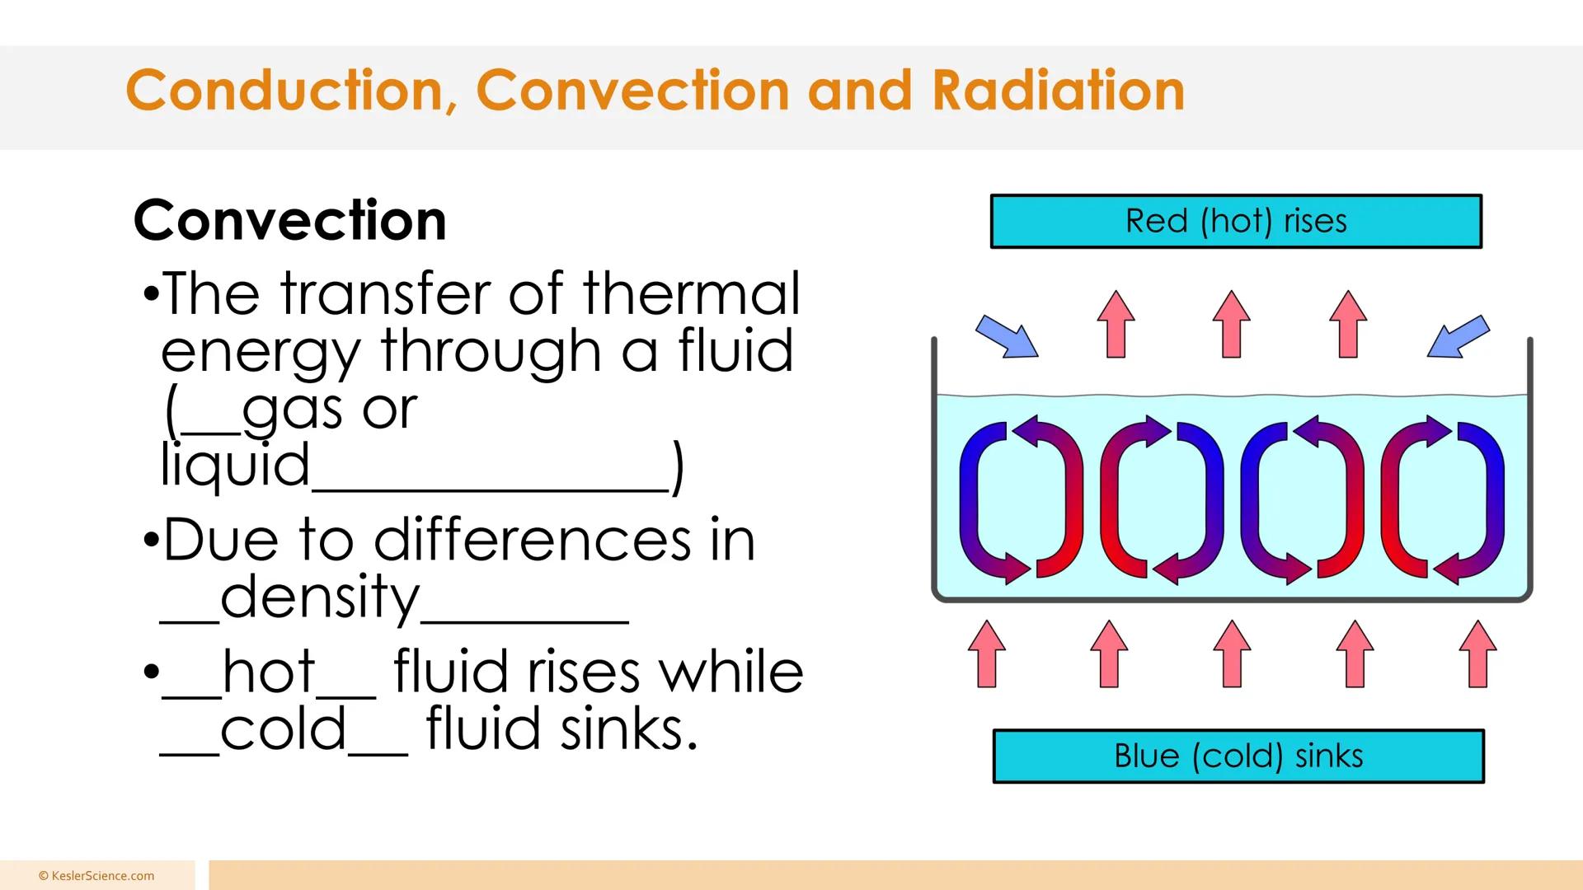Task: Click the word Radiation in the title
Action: (1058, 90)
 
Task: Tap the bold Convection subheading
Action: (289, 221)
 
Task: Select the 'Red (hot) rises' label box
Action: (1236, 221)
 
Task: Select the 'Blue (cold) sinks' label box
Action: (1238, 756)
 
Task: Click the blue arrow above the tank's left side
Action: (1007, 337)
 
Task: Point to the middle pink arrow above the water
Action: (1232, 324)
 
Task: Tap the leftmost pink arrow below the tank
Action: (987, 653)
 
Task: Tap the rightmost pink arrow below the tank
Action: (1477, 653)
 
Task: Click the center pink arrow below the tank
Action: (1232, 653)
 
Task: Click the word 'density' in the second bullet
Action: (320, 597)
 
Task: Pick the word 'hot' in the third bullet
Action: (269, 672)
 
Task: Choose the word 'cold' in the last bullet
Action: (283, 729)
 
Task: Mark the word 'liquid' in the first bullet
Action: (235, 466)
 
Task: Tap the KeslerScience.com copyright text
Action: (96, 876)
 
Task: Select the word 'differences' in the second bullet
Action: (532, 541)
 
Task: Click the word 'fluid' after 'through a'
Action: (735, 350)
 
